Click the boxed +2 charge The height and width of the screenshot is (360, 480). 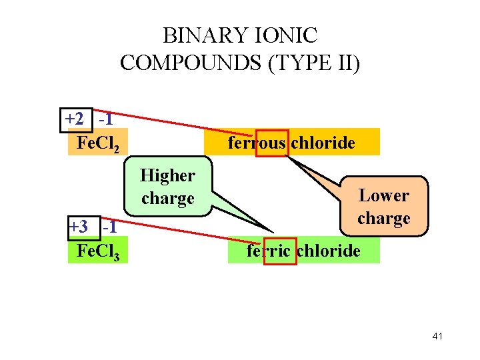click(75, 120)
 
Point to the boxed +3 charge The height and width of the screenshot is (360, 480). click(79, 227)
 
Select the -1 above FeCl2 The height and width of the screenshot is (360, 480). click(105, 120)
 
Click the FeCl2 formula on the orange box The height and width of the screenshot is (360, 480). click(98, 143)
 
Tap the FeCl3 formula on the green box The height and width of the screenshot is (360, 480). click(98, 251)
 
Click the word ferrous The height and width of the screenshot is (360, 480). click(257, 143)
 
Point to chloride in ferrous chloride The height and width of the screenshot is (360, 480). click(323, 143)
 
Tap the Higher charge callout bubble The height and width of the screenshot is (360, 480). click(168, 187)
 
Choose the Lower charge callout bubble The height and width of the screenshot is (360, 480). click(384, 207)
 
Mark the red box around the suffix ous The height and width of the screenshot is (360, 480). click(272, 143)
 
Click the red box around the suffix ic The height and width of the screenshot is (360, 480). click(280, 251)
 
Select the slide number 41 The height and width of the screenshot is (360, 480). click(437, 336)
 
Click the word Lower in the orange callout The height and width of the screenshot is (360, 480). click(384, 195)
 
